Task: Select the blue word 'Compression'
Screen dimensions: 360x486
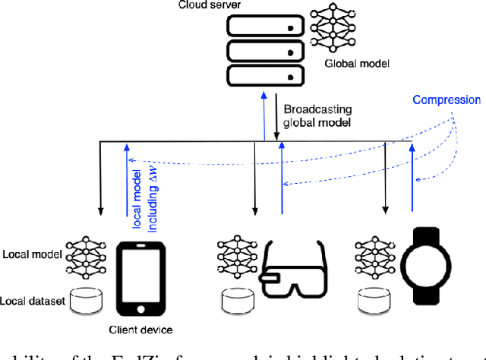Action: (x=447, y=99)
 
